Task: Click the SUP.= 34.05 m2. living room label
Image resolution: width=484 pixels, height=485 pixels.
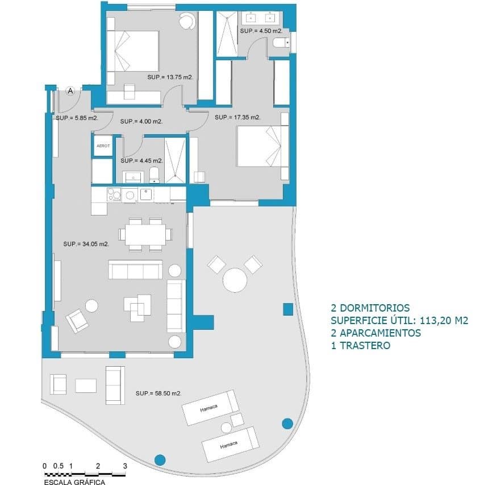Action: tap(86, 244)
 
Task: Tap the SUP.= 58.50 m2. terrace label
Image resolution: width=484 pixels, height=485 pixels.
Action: tap(158, 393)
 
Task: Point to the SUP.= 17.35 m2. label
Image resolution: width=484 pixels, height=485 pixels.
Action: tap(237, 118)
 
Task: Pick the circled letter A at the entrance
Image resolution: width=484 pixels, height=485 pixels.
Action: tap(70, 90)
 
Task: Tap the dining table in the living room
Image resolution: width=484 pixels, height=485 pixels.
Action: tap(145, 233)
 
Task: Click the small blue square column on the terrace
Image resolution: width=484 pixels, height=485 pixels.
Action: tap(287, 309)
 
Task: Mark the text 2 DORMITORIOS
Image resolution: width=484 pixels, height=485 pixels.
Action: tap(369, 308)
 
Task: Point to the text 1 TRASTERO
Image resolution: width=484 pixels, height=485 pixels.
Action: tap(360, 346)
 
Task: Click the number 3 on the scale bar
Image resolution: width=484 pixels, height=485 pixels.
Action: tap(124, 466)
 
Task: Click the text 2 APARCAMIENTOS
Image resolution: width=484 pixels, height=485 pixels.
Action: tap(375, 333)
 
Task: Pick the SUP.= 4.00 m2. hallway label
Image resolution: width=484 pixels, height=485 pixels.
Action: tap(141, 122)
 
